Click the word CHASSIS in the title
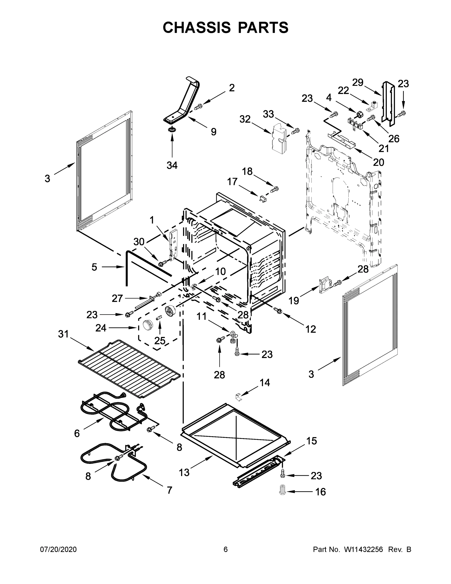197,27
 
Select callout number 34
172,165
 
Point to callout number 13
184,473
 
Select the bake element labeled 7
114,459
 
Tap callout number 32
245,119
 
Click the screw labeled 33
295,131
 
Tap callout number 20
378,162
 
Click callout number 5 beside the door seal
94,267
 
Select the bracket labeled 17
263,199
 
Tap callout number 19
294,301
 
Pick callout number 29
358,83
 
